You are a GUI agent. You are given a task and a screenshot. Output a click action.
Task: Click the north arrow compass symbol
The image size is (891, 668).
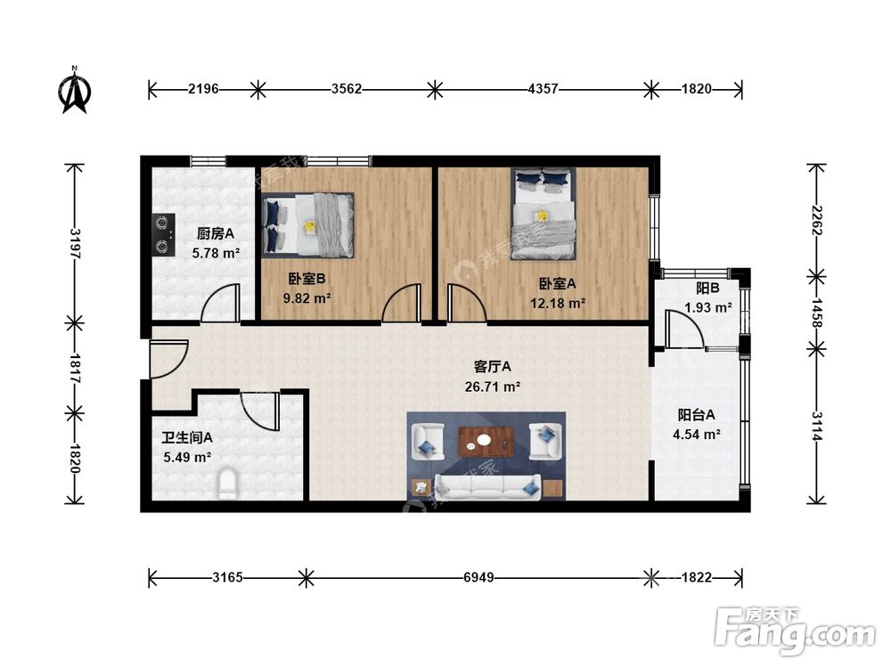coord(75,91)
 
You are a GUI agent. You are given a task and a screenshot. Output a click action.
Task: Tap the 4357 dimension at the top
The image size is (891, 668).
coord(544,89)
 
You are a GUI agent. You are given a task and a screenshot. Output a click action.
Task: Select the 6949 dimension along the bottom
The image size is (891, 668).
coord(478,578)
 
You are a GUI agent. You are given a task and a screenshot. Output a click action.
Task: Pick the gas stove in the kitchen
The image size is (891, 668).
coord(164,234)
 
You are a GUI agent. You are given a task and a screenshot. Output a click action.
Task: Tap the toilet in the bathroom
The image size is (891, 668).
coord(228,484)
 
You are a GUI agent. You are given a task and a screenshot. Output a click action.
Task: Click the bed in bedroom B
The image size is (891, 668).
coord(308,225)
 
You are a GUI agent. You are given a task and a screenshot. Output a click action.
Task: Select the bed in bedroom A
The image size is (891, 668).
coord(543,214)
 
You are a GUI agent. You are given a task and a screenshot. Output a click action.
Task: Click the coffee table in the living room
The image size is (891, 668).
coord(486,442)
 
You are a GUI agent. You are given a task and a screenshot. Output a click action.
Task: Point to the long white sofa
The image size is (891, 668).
coord(487,487)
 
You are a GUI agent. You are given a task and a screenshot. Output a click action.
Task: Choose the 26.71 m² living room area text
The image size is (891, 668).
coord(493,387)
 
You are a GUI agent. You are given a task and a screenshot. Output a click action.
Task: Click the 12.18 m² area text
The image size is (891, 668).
coord(558,304)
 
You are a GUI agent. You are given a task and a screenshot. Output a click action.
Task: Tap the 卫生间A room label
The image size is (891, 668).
coord(187,437)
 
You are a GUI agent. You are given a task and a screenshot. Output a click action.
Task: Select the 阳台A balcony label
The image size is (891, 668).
coord(696,415)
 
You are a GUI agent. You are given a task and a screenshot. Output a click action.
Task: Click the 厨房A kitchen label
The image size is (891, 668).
coord(216,232)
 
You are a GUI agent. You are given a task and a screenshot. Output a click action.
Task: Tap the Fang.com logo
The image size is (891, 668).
coord(795,630)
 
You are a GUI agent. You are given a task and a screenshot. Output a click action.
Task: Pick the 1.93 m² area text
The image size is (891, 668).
coord(708,308)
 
